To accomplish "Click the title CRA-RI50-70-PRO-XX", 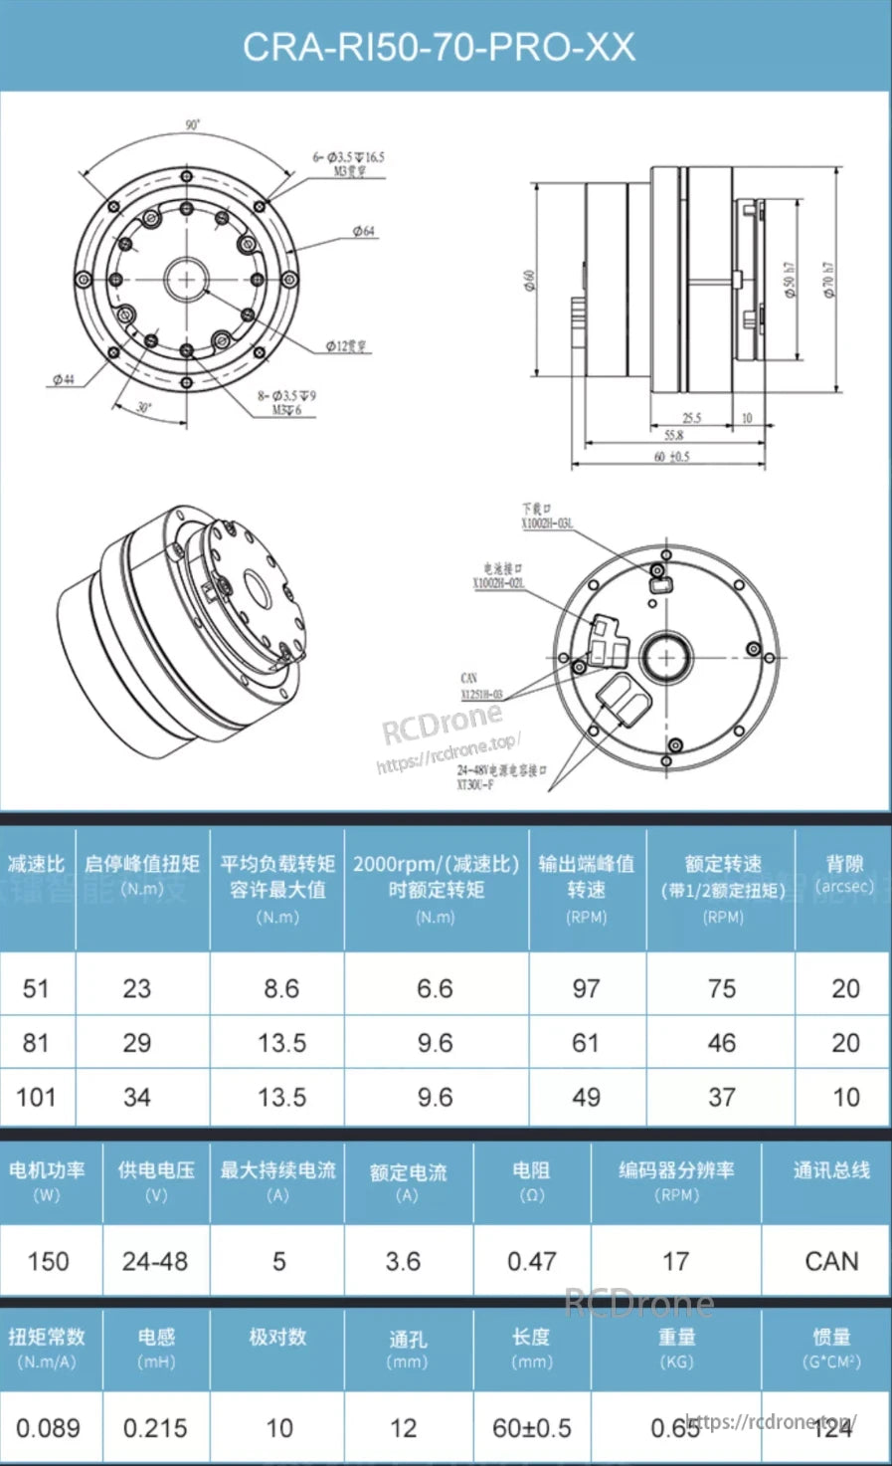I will (439, 47).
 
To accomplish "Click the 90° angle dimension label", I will (192, 125).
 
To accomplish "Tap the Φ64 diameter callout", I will (364, 231).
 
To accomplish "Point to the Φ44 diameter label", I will (63, 379).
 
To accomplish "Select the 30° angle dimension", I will (145, 407).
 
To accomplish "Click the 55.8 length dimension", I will (673, 436).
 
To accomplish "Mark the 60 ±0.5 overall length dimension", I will (671, 457).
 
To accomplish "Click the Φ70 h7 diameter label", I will (828, 281).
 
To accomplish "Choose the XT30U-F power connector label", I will (475, 785).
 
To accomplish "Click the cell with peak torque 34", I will (137, 1098).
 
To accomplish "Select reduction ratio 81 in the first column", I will (36, 1043).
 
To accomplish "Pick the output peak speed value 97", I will (586, 989).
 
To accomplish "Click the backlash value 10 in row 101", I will (845, 1098).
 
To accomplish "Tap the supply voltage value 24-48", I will (155, 1262).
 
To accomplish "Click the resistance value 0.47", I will (531, 1262).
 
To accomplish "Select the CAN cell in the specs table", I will (831, 1262).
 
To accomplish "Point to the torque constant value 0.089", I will (48, 1428).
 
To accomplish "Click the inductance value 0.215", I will (155, 1428).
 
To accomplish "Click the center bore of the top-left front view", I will (186, 280).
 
